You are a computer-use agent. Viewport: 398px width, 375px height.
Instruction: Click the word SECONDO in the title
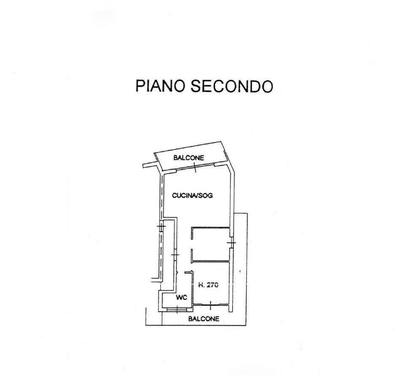click(232, 86)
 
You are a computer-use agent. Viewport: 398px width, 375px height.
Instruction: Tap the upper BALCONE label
click(189, 158)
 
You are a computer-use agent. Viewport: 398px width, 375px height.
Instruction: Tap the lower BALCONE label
click(203, 319)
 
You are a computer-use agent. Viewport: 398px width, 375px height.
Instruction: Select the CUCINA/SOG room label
click(192, 196)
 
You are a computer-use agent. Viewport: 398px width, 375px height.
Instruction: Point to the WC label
click(182, 297)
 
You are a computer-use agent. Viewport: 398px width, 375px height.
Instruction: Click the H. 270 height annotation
click(208, 285)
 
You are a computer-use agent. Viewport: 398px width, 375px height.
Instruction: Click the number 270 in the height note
click(212, 285)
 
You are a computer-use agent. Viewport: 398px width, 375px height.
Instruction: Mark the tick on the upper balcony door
click(195, 168)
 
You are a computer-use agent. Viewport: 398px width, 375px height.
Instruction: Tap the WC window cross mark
click(177, 310)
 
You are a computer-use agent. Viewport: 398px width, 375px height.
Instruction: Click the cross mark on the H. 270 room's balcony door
click(211, 305)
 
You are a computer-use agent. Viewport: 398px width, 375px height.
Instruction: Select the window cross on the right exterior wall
click(231, 243)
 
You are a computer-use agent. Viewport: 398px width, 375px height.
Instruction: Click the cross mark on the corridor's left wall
click(175, 255)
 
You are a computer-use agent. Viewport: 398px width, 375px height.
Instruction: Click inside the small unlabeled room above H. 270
click(211, 244)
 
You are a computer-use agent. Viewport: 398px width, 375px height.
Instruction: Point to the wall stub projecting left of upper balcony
click(150, 165)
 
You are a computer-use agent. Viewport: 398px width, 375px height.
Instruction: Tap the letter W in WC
click(179, 297)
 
